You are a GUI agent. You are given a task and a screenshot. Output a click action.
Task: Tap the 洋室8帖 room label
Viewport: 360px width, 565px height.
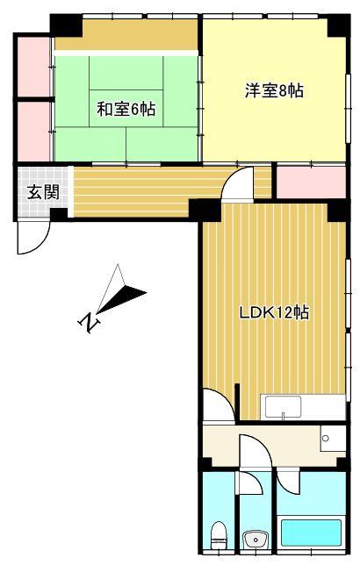[273, 90]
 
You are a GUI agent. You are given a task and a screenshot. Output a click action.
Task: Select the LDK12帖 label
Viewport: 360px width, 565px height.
[274, 313]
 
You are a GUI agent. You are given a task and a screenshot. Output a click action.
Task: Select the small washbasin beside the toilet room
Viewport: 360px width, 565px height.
[256, 537]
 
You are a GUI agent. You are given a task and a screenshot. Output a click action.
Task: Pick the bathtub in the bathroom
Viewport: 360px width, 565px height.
[309, 533]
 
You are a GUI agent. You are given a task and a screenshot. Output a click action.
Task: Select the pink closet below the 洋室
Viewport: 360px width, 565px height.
[311, 182]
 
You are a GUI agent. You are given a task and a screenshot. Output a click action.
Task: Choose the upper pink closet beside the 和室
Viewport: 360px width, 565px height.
[33, 67]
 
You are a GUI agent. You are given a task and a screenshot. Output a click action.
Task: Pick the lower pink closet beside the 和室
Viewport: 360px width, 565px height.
[33, 132]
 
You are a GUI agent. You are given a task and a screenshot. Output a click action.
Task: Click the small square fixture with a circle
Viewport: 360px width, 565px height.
[327, 437]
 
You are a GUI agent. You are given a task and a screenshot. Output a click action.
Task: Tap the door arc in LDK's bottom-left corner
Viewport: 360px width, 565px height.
[216, 408]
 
